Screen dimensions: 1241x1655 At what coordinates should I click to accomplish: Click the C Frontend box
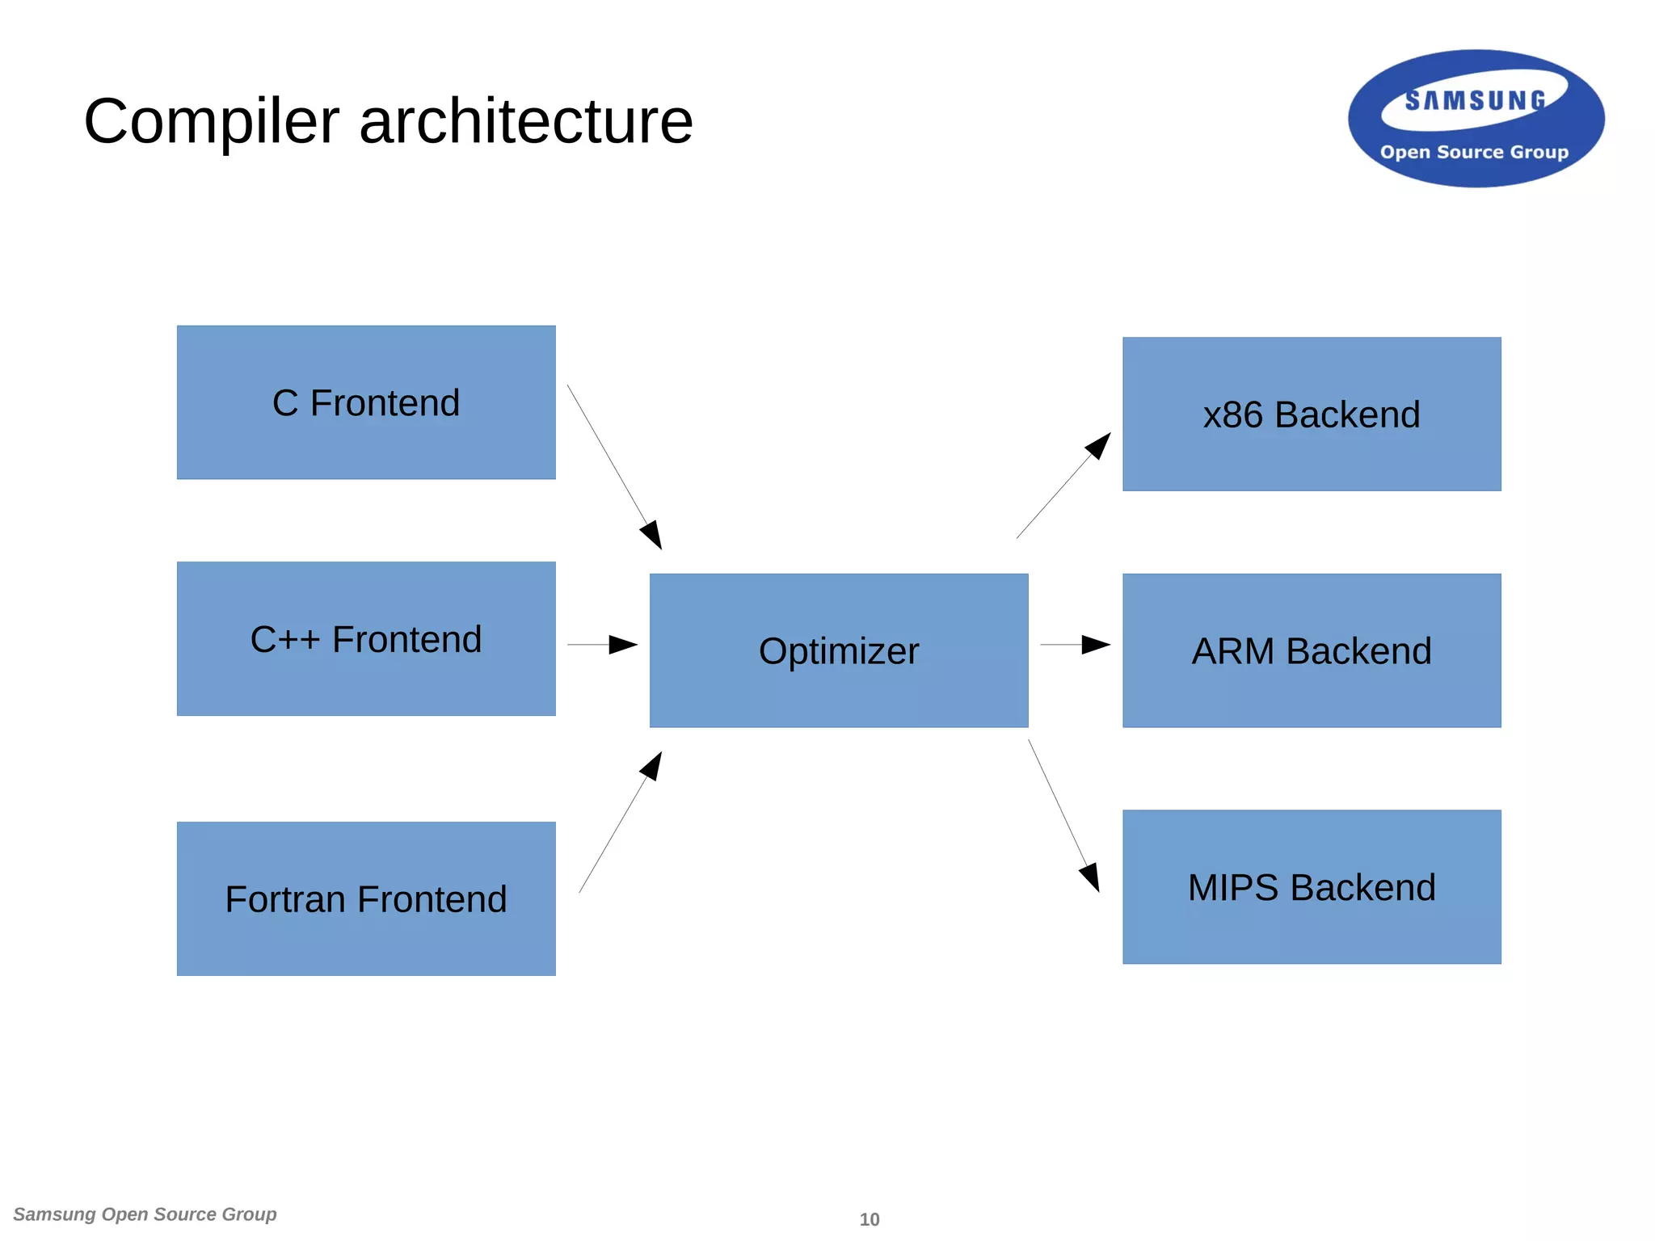pos(366,402)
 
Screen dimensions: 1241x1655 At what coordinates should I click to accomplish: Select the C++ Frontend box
pos(366,638)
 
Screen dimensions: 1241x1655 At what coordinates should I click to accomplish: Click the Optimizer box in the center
pos(839,650)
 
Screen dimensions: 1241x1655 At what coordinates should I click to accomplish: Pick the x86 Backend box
pos(1312,414)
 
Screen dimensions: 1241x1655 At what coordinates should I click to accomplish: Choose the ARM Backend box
pos(1312,650)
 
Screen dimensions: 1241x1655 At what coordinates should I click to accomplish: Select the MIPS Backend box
pos(1312,887)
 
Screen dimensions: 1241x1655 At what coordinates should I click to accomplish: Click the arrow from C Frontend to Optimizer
pos(614,467)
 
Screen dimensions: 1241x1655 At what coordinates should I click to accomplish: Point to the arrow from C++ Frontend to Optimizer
pos(602,645)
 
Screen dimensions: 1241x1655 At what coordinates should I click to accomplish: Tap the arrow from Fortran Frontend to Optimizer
pos(620,822)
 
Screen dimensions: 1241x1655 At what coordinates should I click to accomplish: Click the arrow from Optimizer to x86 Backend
pos(1063,486)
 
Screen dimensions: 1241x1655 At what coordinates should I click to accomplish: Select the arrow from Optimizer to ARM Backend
pos(1075,645)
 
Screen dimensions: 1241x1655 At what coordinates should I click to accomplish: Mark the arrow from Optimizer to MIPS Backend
pos(1063,815)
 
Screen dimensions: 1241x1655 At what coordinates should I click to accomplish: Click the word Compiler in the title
pos(211,121)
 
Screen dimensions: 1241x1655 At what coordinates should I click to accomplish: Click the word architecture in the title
pos(525,121)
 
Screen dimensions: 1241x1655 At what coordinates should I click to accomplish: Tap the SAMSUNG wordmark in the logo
pos(1475,101)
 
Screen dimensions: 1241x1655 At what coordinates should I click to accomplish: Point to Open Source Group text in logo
pos(1474,152)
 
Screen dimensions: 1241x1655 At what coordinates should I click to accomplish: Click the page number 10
pos(869,1219)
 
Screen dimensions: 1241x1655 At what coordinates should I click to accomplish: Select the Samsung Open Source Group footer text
pos(145,1214)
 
